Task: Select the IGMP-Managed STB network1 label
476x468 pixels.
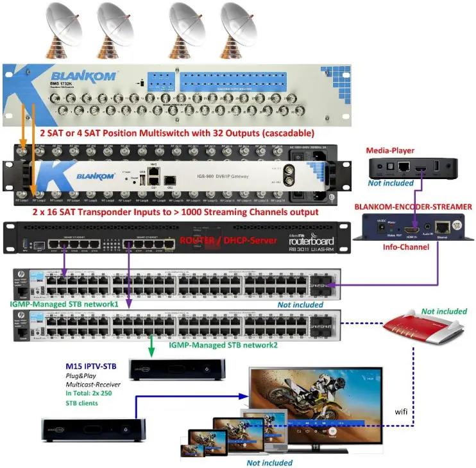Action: [x=64, y=303]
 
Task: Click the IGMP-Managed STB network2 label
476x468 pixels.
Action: [x=224, y=345]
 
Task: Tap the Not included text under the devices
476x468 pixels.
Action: [x=269, y=462]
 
